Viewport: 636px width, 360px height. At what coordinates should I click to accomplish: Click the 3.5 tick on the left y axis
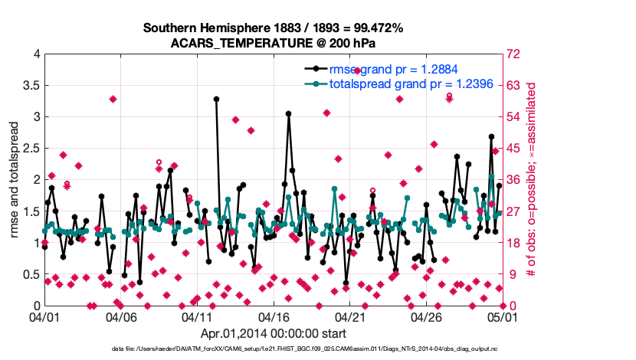coord(29,86)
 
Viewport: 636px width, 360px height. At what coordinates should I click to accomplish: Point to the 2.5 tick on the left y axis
coord(29,149)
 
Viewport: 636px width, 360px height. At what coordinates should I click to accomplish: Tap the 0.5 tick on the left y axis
coord(29,274)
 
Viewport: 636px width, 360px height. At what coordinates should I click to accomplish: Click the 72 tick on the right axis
coord(513,54)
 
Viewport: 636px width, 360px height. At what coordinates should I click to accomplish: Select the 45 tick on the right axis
coord(513,149)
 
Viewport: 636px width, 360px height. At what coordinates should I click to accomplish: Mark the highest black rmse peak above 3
coord(217,99)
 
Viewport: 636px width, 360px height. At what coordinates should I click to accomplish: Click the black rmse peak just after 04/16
coord(288,113)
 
